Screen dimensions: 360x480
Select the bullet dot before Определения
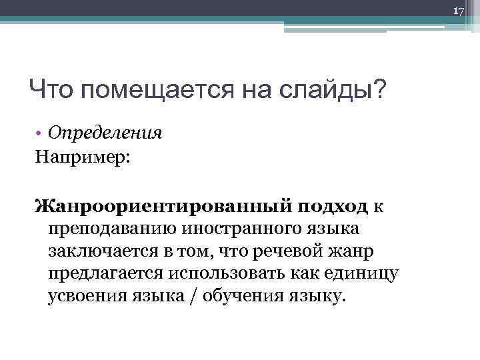[40, 133]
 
